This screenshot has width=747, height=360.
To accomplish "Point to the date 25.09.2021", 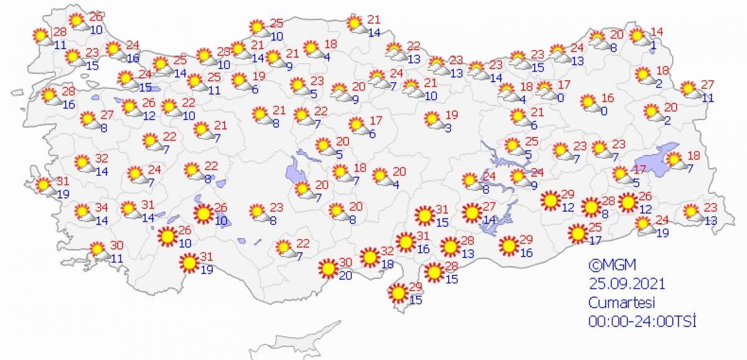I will tap(627, 283).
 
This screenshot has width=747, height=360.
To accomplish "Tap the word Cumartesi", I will tap(620, 303).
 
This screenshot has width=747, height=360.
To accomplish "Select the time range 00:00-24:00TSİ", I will tap(642, 321).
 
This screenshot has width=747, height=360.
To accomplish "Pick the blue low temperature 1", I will tap(654, 44).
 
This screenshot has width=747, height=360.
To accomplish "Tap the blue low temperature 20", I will tap(346, 275).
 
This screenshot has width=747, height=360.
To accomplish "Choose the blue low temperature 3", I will tap(448, 128).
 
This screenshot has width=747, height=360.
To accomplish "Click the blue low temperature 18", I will tap(388, 265).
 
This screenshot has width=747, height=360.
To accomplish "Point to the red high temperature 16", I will tap(607, 98).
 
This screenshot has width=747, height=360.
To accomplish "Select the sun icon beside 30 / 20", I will tap(327, 269).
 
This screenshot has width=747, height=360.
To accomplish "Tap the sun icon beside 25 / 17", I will tap(577, 234).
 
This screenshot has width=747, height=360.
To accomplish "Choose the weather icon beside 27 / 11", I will tap(688, 89).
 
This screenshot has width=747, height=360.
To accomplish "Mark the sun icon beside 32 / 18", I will tap(369, 257).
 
